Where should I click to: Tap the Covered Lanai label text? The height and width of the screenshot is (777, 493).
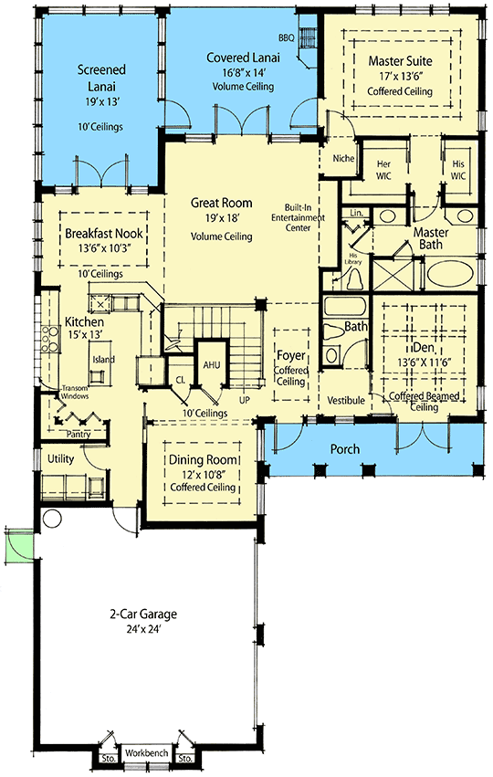[x=243, y=58]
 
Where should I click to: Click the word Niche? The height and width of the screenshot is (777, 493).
[x=343, y=158]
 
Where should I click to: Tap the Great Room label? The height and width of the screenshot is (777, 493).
[x=221, y=203]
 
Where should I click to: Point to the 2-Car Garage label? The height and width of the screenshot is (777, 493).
[x=146, y=616]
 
